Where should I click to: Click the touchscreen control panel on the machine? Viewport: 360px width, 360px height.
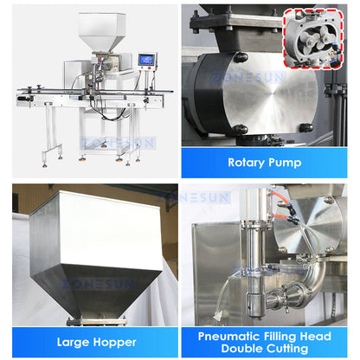[147, 61]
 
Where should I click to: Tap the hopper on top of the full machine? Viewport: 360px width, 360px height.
[102, 31]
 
